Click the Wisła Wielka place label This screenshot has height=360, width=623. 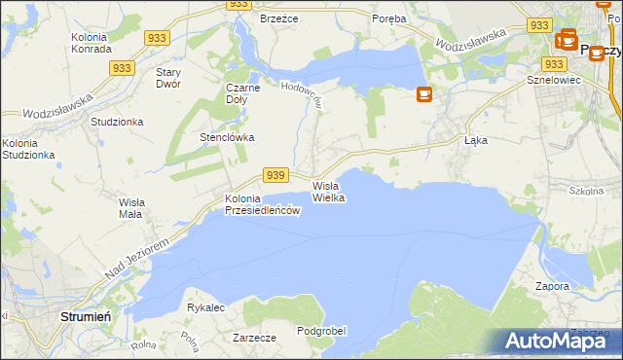click(x=328, y=191)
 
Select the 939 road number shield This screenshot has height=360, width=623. click(x=275, y=175)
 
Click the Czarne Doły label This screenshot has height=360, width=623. click(x=243, y=92)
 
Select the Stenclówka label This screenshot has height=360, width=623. click(x=227, y=137)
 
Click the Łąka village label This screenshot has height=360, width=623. click(x=475, y=140)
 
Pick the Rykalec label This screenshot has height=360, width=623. click(x=205, y=307)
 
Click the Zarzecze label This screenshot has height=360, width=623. click(x=255, y=338)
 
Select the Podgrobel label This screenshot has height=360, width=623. click(x=321, y=331)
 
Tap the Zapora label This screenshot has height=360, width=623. click(x=552, y=287)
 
